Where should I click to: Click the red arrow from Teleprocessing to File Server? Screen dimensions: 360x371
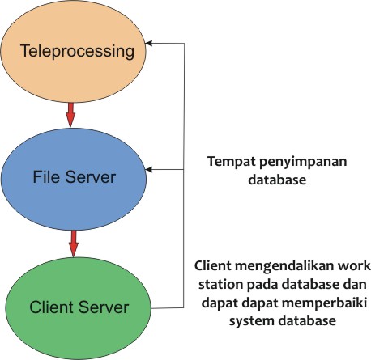(x=70, y=114)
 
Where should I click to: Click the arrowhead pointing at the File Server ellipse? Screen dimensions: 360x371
(x=151, y=169)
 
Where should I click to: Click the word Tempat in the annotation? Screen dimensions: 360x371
(x=228, y=161)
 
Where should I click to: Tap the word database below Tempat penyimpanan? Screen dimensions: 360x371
(x=276, y=180)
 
